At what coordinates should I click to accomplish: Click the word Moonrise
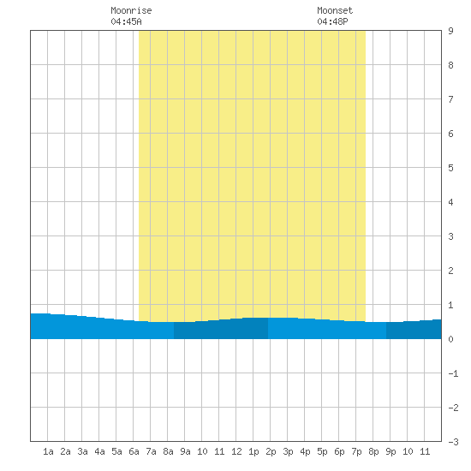tap(131, 10)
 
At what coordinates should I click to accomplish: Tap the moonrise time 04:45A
tap(126, 21)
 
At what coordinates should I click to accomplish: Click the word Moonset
tap(335, 10)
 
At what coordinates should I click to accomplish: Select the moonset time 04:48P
tap(332, 21)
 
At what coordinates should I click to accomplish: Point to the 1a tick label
tap(48, 451)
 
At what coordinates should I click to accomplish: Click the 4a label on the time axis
tap(99, 451)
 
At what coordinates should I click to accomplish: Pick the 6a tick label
tap(134, 451)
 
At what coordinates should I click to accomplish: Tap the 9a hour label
tap(185, 451)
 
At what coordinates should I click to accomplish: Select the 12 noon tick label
tap(236, 451)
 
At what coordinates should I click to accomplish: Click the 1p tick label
tap(253, 452)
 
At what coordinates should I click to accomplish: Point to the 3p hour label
tap(288, 452)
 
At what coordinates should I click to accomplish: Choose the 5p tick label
tap(322, 452)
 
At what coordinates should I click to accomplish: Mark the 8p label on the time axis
tap(373, 452)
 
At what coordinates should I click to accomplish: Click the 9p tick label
tap(391, 452)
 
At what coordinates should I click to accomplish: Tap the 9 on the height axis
tap(450, 31)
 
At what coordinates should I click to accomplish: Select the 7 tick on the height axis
tap(450, 99)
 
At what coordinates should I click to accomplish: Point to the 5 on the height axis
tap(450, 168)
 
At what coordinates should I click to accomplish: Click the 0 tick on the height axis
tap(450, 339)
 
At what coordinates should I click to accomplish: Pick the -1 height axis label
tap(453, 373)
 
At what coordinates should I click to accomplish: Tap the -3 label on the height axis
tap(453, 442)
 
